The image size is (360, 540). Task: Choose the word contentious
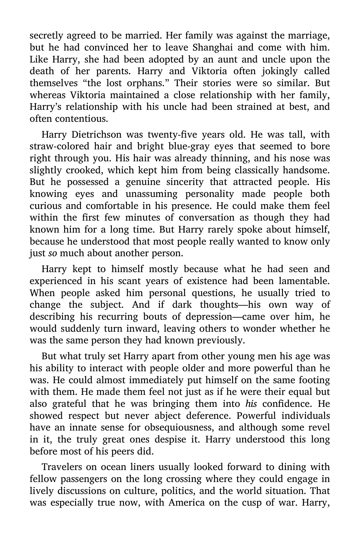click(x=69, y=119)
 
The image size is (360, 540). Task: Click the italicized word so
click(x=52, y=253)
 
